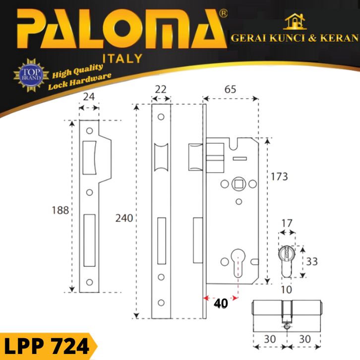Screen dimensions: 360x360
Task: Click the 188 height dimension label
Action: [60, 210]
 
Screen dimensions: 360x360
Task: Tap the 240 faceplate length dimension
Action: [124, 218]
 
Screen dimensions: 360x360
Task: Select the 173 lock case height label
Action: [279, 177]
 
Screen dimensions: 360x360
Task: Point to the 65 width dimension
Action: [230, 89]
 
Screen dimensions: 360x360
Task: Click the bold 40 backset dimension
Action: [221, 303]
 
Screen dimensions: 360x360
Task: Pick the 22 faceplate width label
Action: [161, 89]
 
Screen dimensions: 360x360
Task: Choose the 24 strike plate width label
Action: [89, 97]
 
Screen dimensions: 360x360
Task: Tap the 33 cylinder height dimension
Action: [312, 261]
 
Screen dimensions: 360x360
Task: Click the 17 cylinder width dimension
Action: [287, 223]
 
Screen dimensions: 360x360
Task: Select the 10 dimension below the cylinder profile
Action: [287, 290]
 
